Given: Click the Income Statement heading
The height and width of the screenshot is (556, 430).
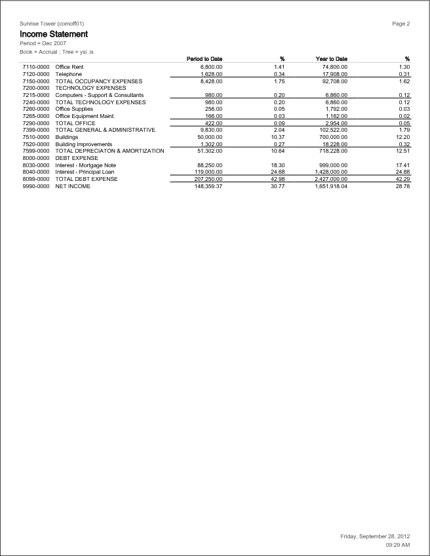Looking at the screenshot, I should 54,33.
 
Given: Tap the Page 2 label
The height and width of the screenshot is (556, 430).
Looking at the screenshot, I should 401,24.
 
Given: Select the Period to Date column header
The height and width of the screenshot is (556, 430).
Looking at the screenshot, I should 205,59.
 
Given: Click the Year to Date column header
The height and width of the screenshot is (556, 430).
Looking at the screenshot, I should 331,59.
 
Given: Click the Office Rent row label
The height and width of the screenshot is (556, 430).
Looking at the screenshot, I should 69,67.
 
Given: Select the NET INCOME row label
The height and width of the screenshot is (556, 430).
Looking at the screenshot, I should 73,186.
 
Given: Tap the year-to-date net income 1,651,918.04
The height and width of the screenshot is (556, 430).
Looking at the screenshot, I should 331,186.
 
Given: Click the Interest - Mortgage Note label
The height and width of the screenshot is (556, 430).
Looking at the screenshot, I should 86,165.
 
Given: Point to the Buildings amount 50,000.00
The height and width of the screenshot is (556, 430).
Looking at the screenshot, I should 209,137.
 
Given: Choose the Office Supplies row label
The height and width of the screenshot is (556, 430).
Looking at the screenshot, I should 74,109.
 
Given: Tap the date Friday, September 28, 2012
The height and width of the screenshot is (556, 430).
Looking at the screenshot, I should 375,536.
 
